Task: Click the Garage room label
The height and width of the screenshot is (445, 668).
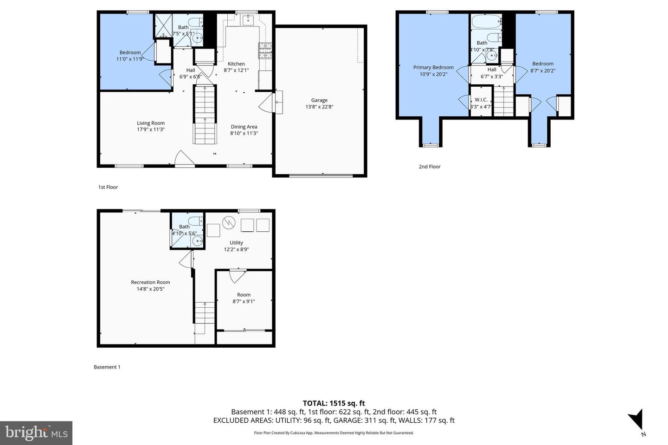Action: [319, 100]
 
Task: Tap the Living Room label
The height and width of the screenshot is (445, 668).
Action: [151, 123]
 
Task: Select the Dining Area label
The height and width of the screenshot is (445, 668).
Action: [244, 127]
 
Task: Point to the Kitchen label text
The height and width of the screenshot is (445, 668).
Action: [236, 64]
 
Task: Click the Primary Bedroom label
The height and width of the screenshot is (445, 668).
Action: [433, 68]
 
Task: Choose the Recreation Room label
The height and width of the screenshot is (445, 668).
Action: [150, 282]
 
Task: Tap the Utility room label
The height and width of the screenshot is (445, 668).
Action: [236, 243]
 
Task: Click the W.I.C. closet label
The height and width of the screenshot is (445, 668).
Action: [481, 100]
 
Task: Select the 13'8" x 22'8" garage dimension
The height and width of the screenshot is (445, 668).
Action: [319, 107]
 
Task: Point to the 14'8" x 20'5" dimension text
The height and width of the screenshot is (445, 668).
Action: [150, 289]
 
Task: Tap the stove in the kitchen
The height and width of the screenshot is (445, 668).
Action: [265, 50]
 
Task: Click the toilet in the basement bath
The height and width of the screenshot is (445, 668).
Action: [195, 221]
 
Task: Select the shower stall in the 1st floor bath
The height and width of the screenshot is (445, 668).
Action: [163, 25]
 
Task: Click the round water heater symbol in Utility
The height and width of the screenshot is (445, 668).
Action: [228, 223]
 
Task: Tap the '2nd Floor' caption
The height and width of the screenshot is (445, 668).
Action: [430, 166]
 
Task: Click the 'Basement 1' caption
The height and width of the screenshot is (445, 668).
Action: [107, 367]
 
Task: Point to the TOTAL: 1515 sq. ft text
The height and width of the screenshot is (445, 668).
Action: [334, 403]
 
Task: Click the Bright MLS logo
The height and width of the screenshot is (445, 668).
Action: [36, 433]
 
